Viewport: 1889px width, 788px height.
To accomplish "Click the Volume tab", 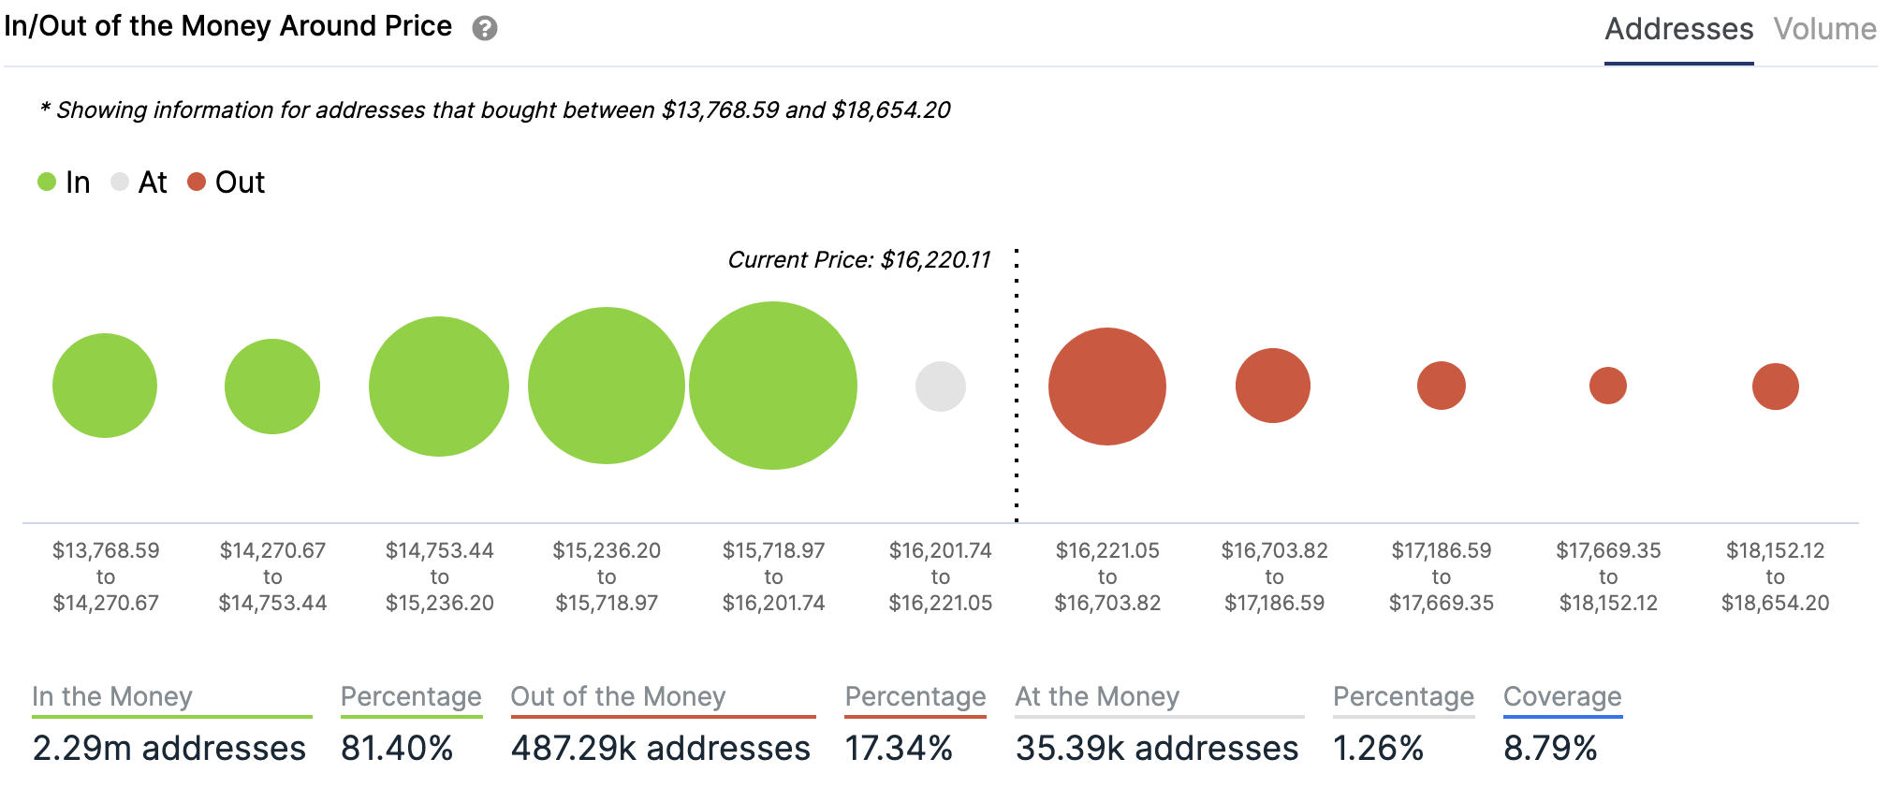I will pos(1824,29).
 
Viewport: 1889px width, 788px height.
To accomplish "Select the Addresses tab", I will pos(1678,29).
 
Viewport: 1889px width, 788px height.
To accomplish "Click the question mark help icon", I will pos(484,29).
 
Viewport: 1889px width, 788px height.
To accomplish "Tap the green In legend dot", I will pos(47,182).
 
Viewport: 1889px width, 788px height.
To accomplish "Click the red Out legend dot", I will pos(197,182).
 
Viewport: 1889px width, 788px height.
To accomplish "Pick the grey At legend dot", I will pos(120,182).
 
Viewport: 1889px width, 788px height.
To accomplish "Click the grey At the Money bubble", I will pos(940,387).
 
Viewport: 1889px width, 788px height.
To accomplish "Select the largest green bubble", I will pos(773,386).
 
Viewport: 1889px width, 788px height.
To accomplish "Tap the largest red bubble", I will pos(1107,387).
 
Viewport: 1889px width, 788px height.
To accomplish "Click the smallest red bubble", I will pos(1608,386).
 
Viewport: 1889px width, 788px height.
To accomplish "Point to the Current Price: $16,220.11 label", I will pos(858,259).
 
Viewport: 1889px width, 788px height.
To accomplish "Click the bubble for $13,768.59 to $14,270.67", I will pos(105,386).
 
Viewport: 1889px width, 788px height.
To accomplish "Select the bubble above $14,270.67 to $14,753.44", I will pos(272,387).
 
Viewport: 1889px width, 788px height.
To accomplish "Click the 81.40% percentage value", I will pos(397,748).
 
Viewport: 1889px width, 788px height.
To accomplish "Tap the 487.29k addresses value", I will pos(661,748).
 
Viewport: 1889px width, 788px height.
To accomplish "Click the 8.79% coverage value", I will pos(1550,748).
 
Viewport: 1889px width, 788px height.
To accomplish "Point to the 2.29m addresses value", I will pos(169,748).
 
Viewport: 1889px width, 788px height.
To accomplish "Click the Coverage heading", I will pos(1562,696).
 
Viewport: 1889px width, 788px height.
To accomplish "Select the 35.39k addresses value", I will pos(1157,748).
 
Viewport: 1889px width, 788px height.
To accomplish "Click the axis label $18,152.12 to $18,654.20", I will pos(1775,576).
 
